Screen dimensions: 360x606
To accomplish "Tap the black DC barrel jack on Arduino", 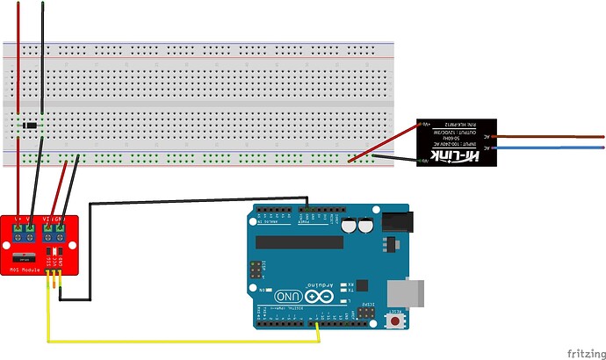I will click(x=396, y=222).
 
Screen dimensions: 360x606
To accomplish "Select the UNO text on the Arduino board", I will click(x=287, y=297).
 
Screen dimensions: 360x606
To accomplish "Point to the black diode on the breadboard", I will click(x=32, y=126).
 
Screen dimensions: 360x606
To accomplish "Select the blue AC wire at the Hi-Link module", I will click(x=549, y=151).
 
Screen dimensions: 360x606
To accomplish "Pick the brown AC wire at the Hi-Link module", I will click(x=549, y=136).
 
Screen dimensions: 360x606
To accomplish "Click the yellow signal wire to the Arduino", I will click(x=176, y=341).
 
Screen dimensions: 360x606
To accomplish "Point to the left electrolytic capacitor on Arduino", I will click(x=350, y=226).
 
